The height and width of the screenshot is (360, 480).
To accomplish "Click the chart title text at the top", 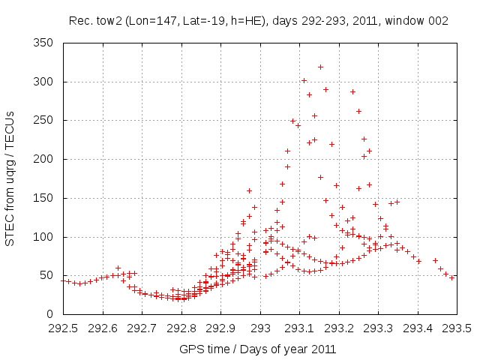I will click(x=258, y=21).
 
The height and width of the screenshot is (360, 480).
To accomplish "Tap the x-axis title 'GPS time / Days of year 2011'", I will click(x=258, y=349).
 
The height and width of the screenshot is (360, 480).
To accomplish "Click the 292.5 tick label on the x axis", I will click(x=63, y=328).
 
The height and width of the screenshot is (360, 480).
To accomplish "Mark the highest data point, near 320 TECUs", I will click(x=320, y=67).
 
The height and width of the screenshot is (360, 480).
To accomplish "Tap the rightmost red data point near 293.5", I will click(x=451, y=277).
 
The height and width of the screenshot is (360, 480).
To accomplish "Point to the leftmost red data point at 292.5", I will click(x=63, y=280).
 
